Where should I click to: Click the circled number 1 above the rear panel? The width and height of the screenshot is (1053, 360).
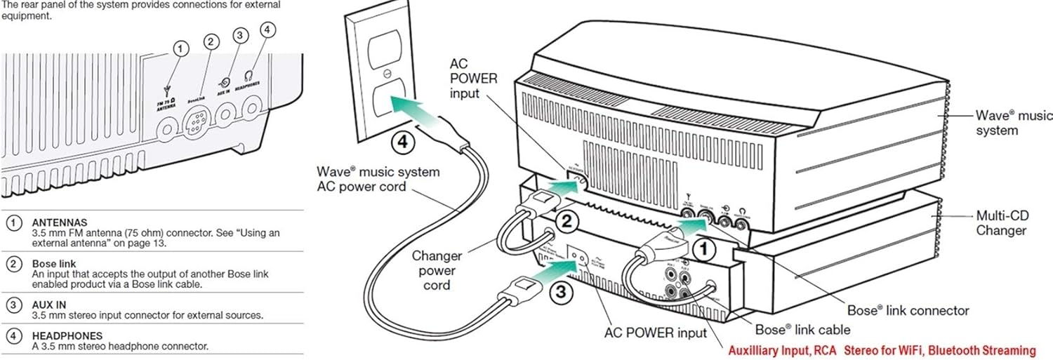(180, 48)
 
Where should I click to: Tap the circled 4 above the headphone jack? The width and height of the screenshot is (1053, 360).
(267, 30)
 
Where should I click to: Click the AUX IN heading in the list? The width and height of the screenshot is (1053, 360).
(50, 305)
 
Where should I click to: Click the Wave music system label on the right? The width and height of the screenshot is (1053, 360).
(1005, 122)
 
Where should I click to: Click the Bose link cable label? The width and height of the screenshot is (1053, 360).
(802, 329)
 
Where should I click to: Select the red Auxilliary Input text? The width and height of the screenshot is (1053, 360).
(881, 350)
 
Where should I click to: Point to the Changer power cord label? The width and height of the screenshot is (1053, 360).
(437, 270)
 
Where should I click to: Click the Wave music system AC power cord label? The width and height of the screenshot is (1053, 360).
(378, 178)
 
